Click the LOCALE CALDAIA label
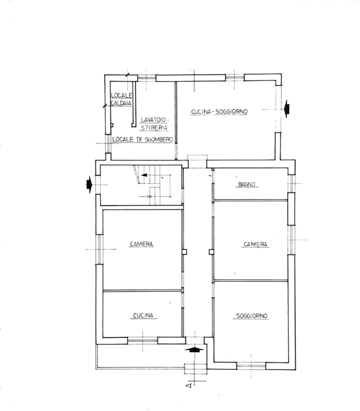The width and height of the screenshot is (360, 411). (x=122, y=99)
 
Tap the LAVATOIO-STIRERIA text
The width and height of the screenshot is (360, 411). (x=154, y=124)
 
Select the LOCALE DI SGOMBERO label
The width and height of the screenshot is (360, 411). (x=142, y=139)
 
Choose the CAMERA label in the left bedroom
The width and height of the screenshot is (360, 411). (x=141, y=244)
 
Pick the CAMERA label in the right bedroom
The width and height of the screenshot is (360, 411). (x=255, y=244)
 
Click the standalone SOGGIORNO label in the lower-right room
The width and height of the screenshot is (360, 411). (x=251, y=316)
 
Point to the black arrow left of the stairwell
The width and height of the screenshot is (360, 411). (x=89, y=184)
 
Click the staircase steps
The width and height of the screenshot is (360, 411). (x=151, y=183)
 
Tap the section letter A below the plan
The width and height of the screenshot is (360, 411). (x=189, y=386)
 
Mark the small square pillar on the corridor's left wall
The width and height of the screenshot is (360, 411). (x=184, y=251)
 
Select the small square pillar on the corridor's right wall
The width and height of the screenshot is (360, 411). (x=211, y=251)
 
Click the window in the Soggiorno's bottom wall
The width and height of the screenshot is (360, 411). (x=251, y=364)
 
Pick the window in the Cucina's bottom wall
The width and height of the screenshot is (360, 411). (x=142, y=341)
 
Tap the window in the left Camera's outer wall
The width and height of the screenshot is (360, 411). (x=99, y=249)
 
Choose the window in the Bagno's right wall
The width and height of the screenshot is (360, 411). (x=291, y=184)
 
